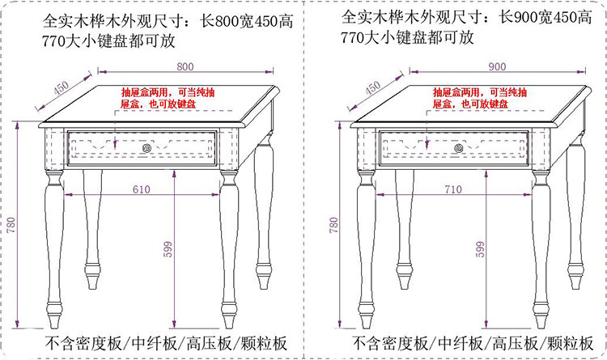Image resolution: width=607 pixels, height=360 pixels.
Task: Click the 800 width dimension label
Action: pyautogui.click(x=185, y=66)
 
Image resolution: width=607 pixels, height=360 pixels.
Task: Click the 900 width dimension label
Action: pyautogui.click(x=497, y=66)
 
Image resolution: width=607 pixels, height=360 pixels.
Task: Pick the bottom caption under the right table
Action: pyautogui.click(x=473, y=342)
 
